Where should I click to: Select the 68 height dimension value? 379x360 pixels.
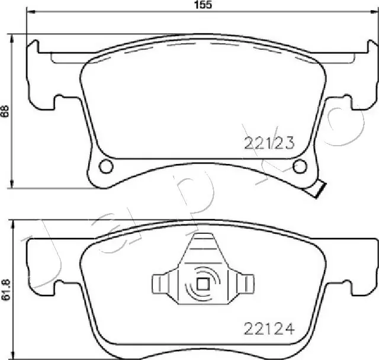(5, 111)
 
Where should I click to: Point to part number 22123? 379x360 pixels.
(269, 142)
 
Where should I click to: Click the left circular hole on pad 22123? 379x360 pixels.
(105, 166)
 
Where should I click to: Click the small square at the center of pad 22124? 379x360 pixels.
(203, 284)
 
